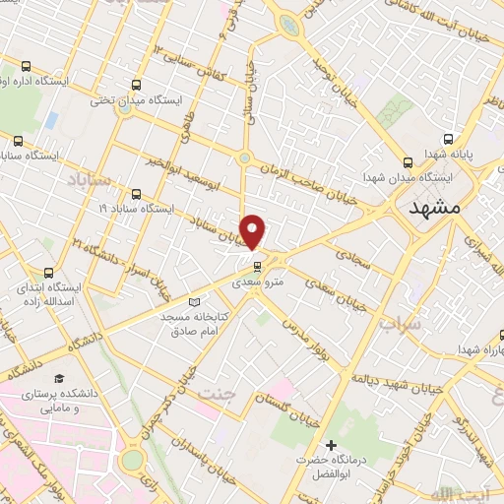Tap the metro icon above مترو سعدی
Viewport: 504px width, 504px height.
256,266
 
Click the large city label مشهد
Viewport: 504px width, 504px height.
433,210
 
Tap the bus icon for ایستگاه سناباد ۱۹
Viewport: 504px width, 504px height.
135,194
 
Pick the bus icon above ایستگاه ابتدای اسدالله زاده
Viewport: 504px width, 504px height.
49,272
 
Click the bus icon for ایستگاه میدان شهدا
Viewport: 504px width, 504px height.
409,162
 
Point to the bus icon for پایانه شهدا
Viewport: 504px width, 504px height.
448,139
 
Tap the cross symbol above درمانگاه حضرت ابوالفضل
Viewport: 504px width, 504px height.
331,446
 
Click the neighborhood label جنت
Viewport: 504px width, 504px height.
218,392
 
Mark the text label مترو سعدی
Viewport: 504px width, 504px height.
256,282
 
